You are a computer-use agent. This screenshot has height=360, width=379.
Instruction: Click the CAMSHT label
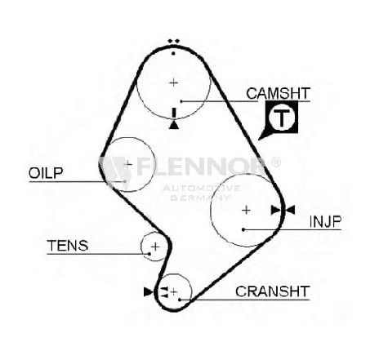tap(278, 93)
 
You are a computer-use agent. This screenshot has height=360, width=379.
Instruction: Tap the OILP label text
tap(46, 173)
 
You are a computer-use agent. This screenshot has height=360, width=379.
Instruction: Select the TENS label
tap(68, 246)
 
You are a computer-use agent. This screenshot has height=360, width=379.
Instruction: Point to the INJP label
tap(325, 221)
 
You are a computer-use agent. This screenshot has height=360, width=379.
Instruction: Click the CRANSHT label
tap(273, 291)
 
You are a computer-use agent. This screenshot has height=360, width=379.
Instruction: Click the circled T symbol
tap(282, 118)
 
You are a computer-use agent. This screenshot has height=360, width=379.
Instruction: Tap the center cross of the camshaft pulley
tap(173, 82)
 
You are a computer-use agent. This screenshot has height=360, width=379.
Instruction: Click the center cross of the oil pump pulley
tap(127, 164)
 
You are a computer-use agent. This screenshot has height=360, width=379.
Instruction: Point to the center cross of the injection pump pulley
tap(246, 210)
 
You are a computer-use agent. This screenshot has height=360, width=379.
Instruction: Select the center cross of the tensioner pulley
tap(155, 247)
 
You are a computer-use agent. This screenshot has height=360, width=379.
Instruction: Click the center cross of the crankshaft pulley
tap(174, 292)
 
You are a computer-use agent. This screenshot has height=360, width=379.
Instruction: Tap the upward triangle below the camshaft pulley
tap(174, 125)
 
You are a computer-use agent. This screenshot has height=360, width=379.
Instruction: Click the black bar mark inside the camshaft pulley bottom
tap(174, 113)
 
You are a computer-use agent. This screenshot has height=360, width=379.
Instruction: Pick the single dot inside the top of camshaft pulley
tap(173, 53)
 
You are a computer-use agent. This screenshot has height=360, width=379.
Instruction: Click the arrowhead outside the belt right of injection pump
tap(290, 210)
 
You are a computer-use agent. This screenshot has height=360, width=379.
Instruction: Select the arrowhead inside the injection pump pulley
tap(275, 210)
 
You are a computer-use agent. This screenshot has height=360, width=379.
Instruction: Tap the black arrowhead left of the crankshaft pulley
tap(148, 291)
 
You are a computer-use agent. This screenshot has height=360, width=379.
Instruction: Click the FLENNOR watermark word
tap(200, 166)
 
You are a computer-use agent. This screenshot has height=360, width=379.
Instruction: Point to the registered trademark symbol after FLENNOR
tap(276, 162)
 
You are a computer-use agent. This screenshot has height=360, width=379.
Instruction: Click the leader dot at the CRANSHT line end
tap(180, 300)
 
